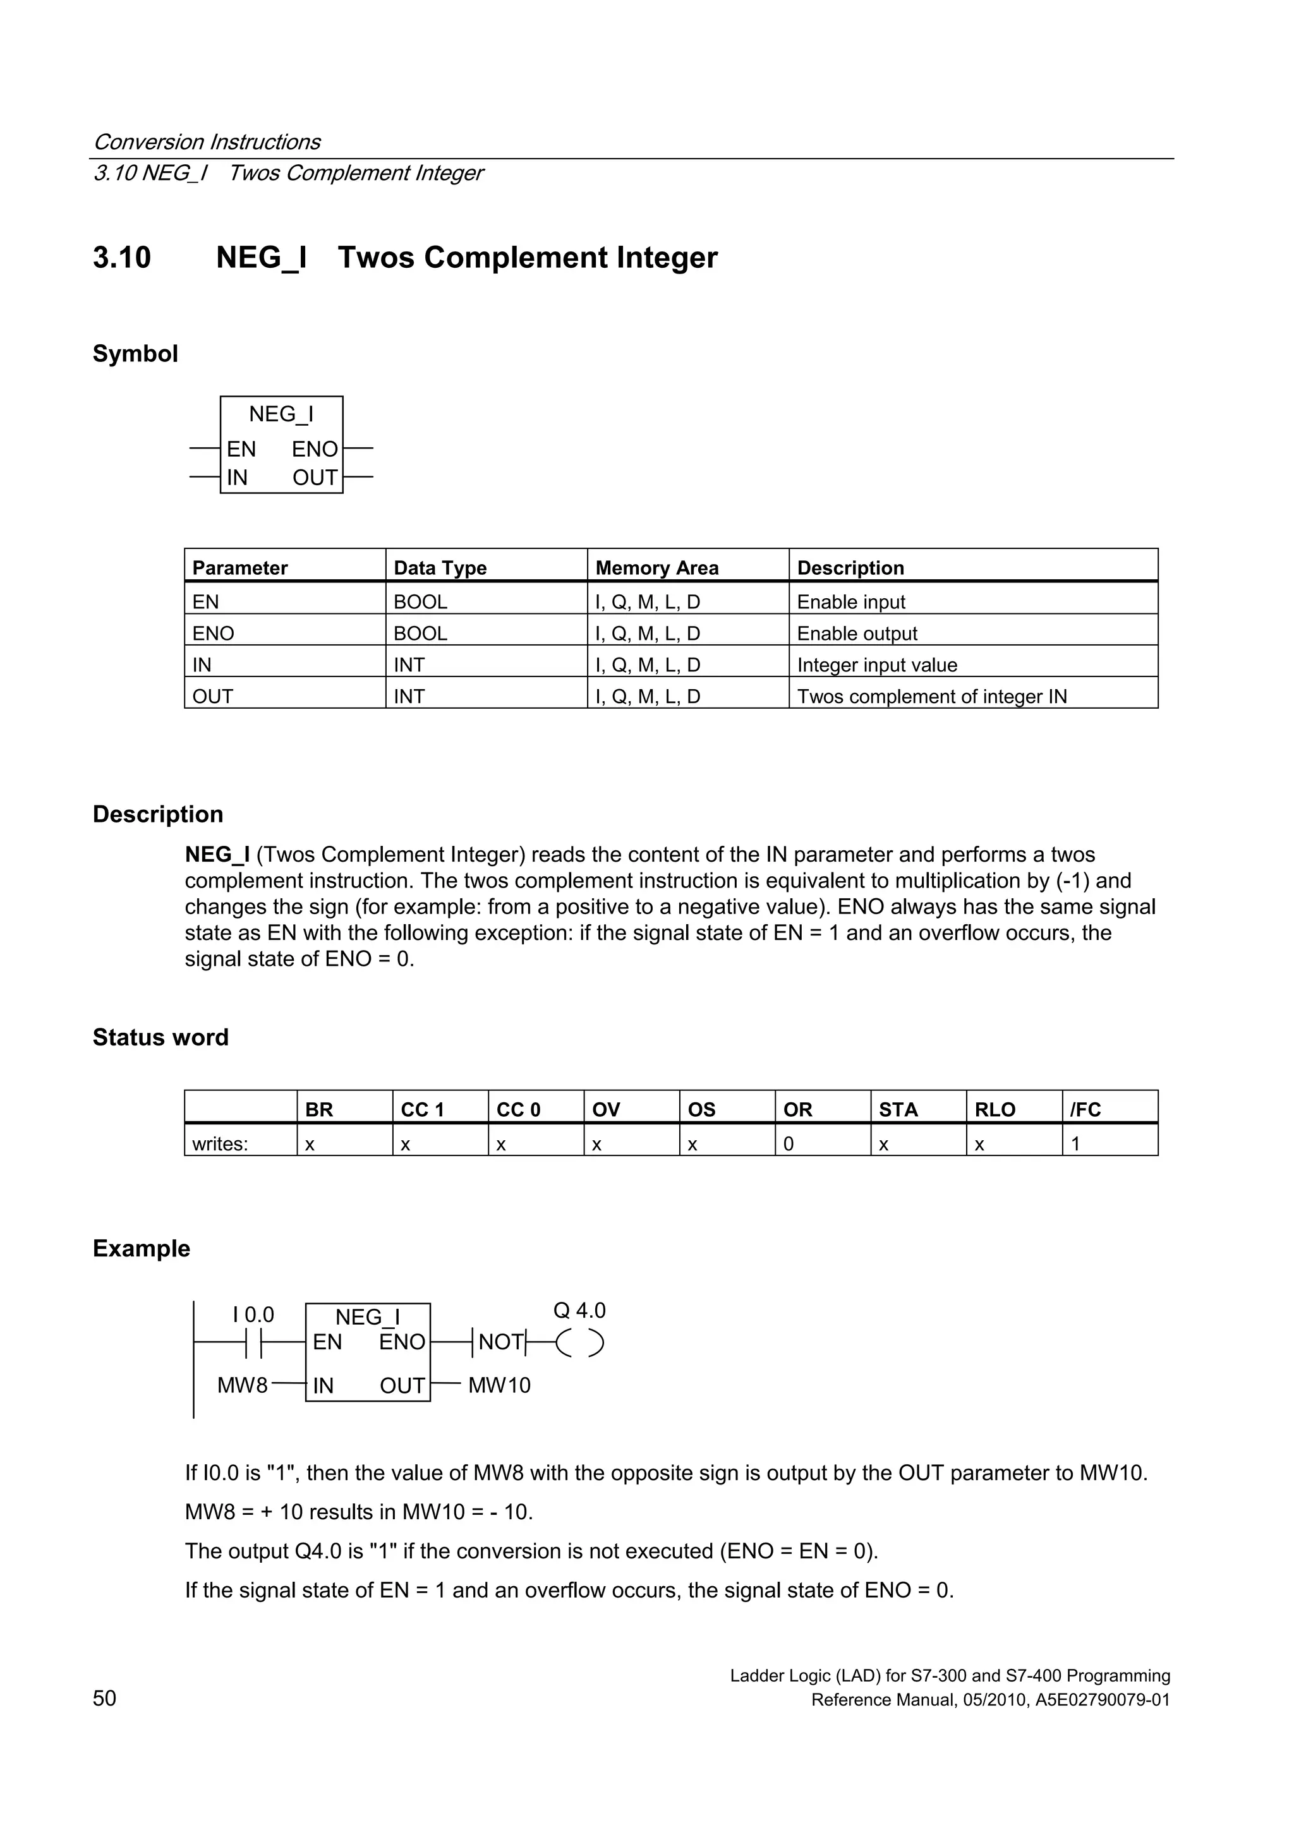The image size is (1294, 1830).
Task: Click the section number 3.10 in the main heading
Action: (121, 258)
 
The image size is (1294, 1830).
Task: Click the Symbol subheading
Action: (135, 353)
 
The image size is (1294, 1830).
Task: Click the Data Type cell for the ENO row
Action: (420, 633)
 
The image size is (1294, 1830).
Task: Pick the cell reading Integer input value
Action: (876, 665)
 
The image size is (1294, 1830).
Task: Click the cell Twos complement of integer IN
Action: (931, 696)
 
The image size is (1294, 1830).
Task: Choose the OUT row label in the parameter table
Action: (213, 696)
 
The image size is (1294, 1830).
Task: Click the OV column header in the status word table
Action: (606, 1109)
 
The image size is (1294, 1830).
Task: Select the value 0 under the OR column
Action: (788, 1144)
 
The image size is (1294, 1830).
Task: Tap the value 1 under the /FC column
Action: (1075, 1144)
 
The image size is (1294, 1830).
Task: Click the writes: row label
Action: (220, 1144)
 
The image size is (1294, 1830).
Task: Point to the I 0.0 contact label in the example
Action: (253, 1315)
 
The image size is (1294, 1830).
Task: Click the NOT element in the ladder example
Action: (500, 1342)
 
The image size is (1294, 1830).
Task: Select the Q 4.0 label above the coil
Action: (579, 1310)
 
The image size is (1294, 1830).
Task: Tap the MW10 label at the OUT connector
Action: (499, 1385)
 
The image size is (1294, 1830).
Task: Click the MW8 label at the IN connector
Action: (243, 1385)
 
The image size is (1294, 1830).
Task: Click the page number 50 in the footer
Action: (104, 1698)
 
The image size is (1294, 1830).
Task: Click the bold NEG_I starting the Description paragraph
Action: (217, 855)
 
